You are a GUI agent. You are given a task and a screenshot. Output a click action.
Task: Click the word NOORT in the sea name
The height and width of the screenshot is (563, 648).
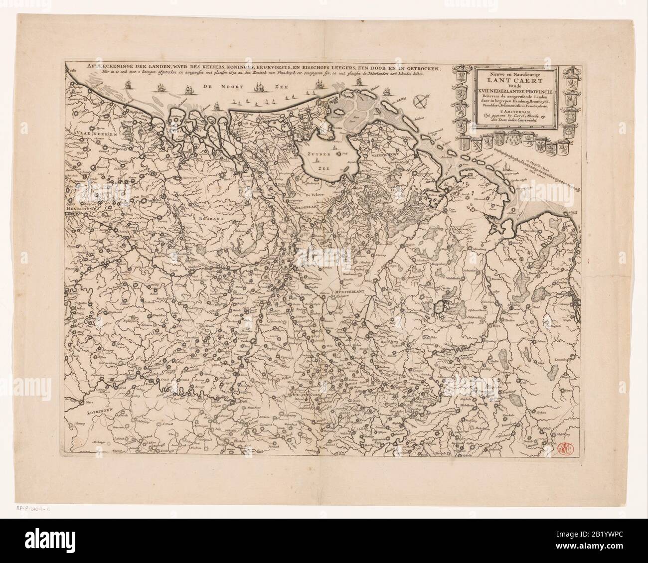234,86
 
